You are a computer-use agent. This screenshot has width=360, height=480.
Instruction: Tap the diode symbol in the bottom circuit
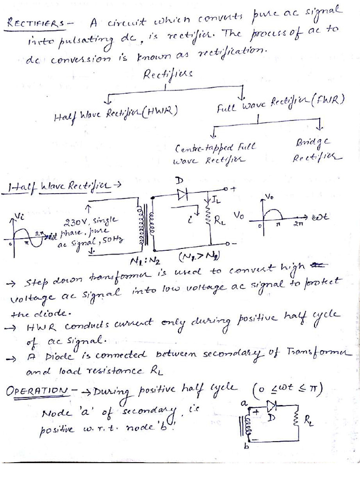point(271,405)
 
